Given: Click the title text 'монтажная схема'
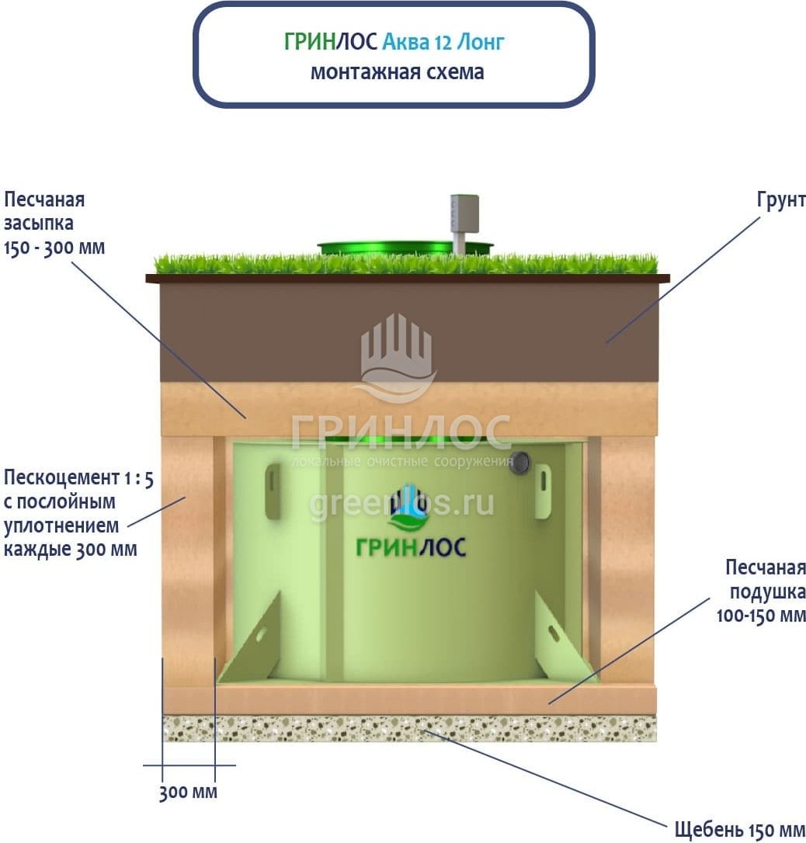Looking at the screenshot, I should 397,72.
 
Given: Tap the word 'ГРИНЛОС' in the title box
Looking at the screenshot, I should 331,42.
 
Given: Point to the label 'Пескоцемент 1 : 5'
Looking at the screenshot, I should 78,477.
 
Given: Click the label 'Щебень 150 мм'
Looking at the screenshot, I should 738,828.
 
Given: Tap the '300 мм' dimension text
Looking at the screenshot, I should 188,793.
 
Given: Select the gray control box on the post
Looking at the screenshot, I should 464,213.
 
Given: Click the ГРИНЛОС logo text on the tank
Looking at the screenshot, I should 411,546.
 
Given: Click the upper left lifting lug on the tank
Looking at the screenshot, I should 273,491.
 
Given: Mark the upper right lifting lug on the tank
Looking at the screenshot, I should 542,491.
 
